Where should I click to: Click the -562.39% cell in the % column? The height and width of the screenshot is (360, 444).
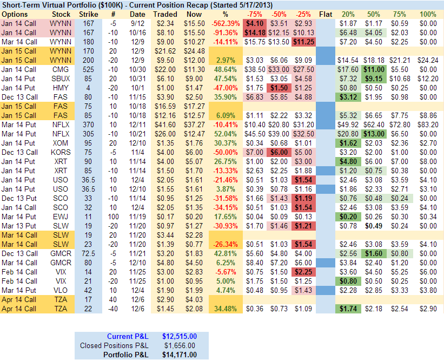point(226,24)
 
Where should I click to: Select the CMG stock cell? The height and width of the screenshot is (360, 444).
point(60,70)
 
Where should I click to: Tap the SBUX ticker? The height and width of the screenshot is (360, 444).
point(60,79)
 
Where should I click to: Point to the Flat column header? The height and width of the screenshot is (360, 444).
point(326,14)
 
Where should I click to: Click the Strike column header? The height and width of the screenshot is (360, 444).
point(89,14)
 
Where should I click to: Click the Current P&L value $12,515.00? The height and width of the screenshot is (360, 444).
point(180,337)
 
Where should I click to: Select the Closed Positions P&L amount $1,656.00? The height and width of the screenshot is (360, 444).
point(180,345)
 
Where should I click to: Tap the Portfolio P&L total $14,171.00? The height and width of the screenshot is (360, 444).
point(180,355)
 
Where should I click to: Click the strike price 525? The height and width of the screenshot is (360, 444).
point(89,70)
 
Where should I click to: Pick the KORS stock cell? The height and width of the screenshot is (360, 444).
point(60,153)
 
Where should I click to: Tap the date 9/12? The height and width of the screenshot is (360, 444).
point(137,24)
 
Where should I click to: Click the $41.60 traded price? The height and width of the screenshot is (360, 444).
point(165,125)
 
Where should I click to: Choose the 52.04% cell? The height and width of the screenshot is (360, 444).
point(226,134)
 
